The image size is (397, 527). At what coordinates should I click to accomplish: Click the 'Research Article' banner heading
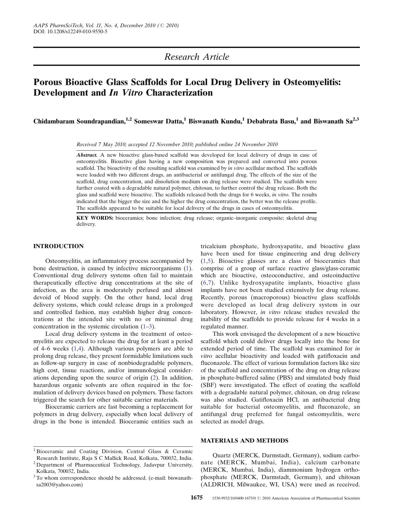pos(196,57)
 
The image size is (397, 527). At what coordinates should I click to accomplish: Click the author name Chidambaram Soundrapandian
pos(79,122)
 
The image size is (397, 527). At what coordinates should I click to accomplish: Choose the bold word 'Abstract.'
pos(87,155)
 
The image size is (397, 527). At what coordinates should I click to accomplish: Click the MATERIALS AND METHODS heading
pos(244,441)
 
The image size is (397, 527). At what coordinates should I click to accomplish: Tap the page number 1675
pos(196,498)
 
